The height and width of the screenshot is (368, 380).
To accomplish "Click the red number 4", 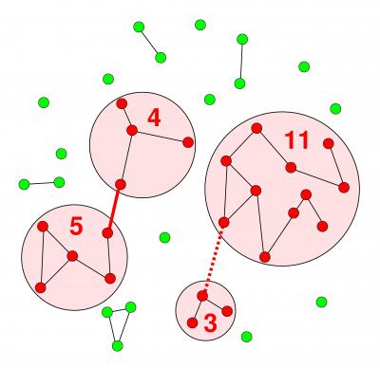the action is (154, 118).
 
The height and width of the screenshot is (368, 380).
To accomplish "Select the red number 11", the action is (296, 140).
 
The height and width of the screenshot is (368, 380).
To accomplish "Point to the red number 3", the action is (210, 323).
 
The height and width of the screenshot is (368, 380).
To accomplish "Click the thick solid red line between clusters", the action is (114, 208).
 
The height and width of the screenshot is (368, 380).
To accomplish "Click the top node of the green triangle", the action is (130, 306).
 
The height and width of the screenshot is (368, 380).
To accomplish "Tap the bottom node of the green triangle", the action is (118, 345).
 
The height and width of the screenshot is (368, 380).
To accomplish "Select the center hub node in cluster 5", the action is (72, 255).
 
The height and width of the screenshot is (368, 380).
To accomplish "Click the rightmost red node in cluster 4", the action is (188, 142).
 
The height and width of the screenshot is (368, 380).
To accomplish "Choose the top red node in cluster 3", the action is (202, 296).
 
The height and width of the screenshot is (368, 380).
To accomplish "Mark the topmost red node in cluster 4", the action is (122, 103).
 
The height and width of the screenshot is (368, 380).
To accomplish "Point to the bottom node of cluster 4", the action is (121, 184).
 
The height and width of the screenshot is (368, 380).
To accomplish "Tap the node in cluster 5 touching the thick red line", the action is (108, 231).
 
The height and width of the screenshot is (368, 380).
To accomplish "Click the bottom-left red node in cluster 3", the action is (193, 322).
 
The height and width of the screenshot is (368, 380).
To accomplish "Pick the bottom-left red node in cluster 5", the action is (40, 286).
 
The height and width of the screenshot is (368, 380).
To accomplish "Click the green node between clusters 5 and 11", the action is (164, 237).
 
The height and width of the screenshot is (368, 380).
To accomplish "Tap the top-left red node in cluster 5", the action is (43, 226).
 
